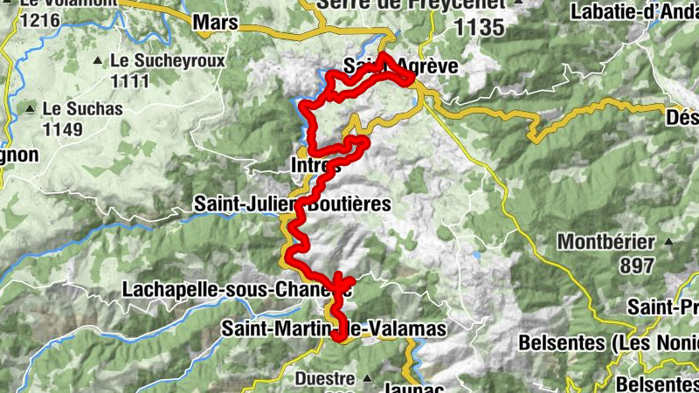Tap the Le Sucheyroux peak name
pos(168,62)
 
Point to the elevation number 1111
pos(130,80)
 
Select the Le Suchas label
pos(82,110)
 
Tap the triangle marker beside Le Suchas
pos(30,109)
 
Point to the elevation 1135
pos(480,28)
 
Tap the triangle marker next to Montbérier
pos(668,241)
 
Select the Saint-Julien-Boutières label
pos(292,203)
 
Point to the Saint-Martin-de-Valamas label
pos(333,329)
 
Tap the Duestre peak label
pos(324,379)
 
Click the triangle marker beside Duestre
pos(368,379)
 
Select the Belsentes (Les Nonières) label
pos(608,342)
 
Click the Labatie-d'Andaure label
pos(633,12)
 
